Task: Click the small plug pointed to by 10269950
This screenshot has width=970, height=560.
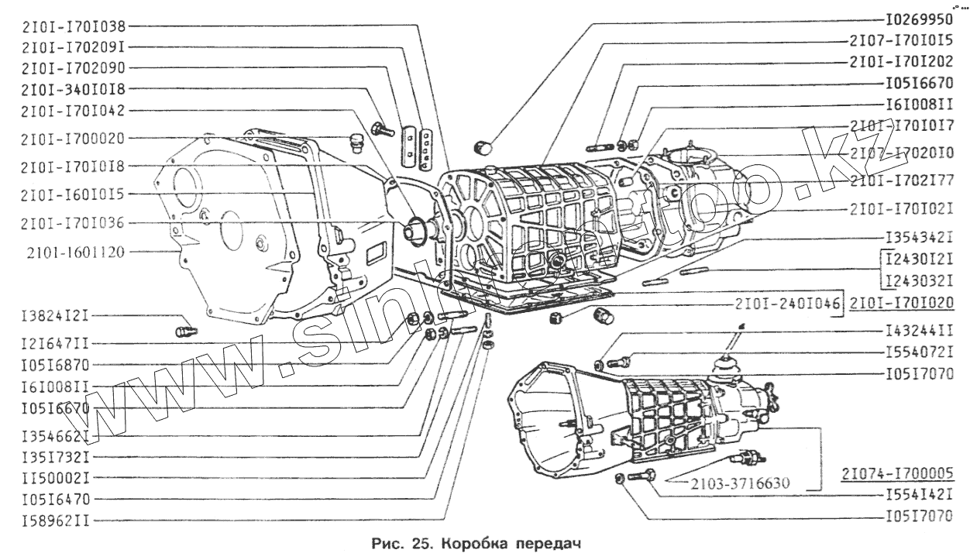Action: click(x=482, y=146)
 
